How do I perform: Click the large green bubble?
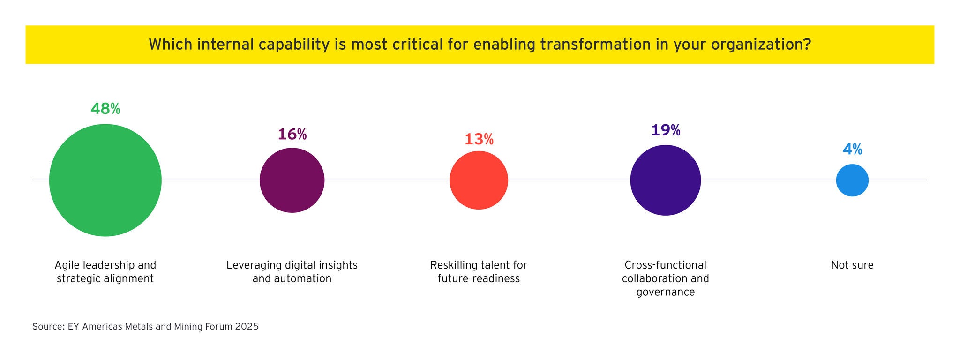click(x=105, y=180)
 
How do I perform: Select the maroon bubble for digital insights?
click(x=292, y=180)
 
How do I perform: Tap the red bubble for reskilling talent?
click(x=479, y=180)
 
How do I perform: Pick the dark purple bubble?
click(x=665, y=180)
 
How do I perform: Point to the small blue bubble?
click(x=852, y=180)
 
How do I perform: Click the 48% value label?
click(x=105, y=109)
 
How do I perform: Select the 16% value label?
click(x=292, y=134)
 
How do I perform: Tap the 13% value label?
click(x=479, y=139)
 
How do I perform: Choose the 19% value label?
click(x=665, y=130)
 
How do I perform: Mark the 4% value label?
click(x=852, y=149)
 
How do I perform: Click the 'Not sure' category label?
click(x=852, y=265)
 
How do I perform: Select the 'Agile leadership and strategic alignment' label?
click(x=105, y=272)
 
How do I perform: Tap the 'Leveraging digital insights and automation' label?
click(x=292, y=272)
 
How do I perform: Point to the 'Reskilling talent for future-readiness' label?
click(x=479, y=272)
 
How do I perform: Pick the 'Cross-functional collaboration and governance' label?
click(x=665, y=278)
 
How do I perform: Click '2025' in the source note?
click(x=247, y=327)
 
